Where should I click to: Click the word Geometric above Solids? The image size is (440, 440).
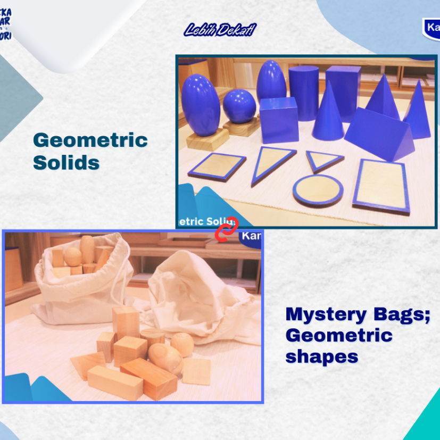coord(90,140)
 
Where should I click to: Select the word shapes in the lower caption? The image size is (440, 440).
coord(321,356)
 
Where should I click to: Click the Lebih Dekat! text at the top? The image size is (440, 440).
coord(220,30)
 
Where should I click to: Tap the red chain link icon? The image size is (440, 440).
coord(227,230)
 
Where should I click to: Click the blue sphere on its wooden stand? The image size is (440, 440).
coord(239,106)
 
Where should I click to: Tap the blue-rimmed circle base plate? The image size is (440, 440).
coord(318,190)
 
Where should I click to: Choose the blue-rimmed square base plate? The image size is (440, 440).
coord(217,167)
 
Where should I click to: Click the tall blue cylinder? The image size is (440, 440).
coord(304,92)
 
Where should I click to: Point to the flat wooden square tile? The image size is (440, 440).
coord(197,371)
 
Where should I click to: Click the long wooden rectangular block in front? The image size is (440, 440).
coord(114,381)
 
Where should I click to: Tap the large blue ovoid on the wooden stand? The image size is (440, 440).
coord(201,104)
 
